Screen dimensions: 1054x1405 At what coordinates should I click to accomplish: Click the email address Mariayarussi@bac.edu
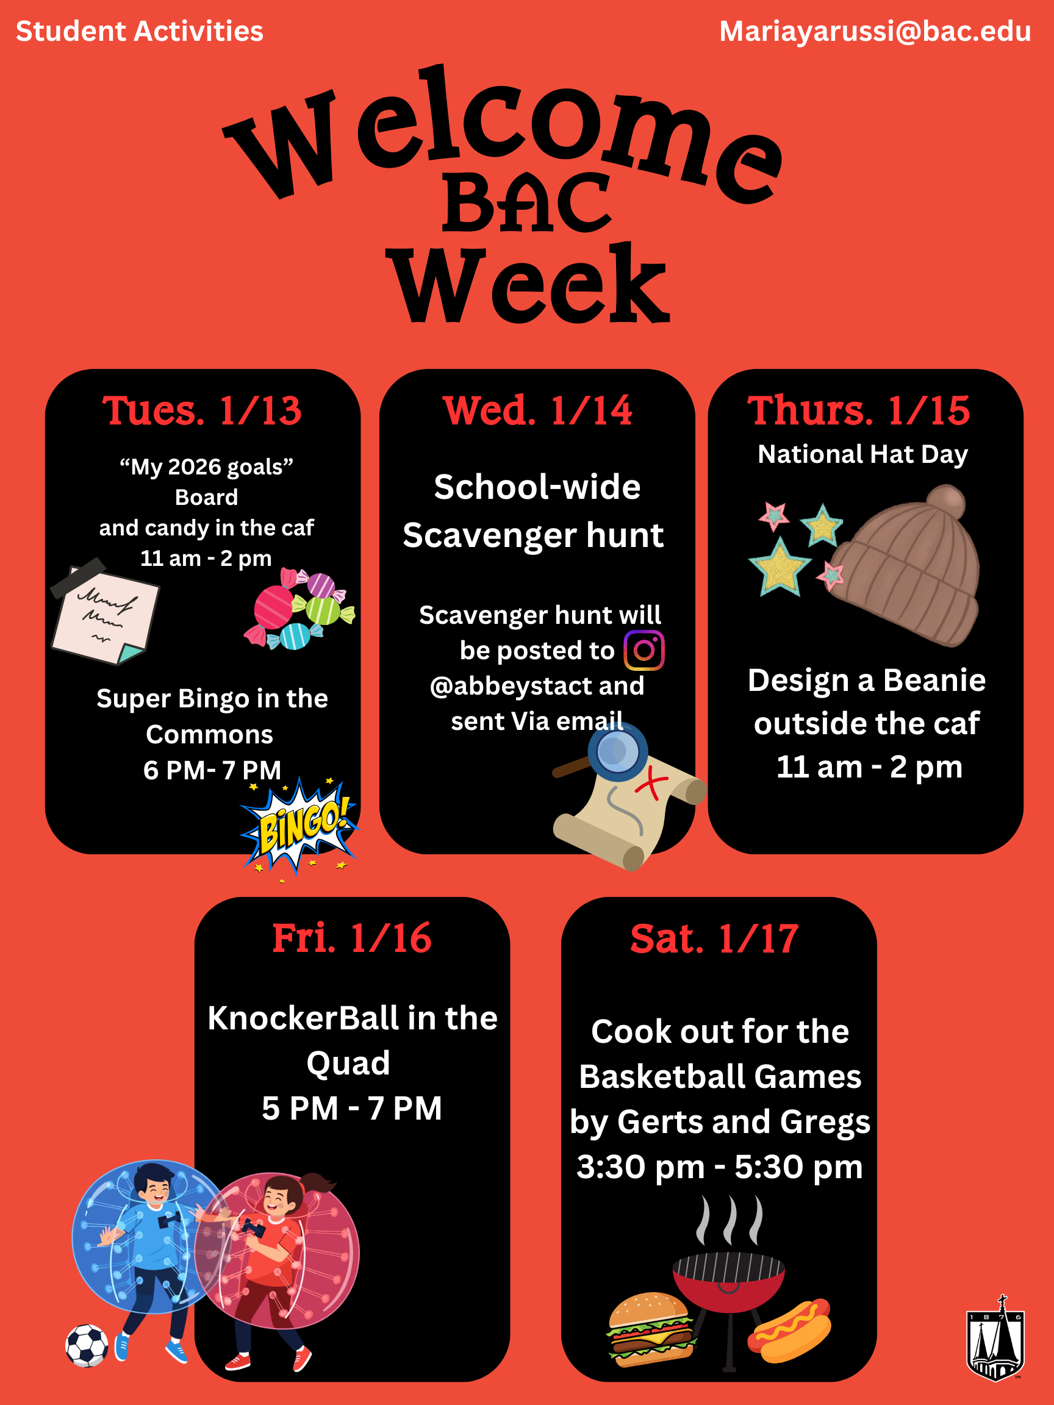[x=875, y=32]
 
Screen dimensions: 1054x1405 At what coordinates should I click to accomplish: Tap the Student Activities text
[x=140, y=31]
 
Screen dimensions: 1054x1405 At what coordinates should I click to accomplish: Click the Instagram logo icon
[x=644, y=650]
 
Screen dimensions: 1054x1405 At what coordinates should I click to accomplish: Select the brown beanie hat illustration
[x=906, y=565]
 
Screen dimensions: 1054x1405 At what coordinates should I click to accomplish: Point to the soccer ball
[x=87, y=1345]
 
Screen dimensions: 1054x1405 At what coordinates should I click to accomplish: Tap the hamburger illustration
[x=652, y=1329]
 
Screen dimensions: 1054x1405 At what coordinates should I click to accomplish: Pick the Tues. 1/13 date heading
[x=202, y=410]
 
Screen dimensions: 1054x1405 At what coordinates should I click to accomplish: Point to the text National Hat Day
[x=862, y=455]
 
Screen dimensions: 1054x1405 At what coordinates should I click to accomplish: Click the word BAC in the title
[x=528, y=203]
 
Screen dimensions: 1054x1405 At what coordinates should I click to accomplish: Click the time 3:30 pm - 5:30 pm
[x=720, y=1167]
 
